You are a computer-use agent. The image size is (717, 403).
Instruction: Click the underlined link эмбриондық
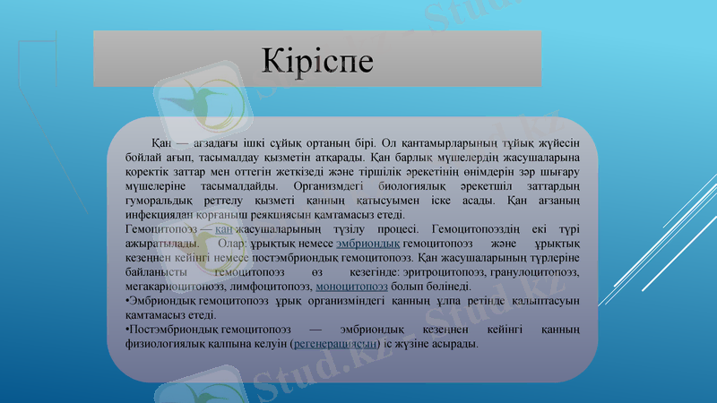(x=367, y=244)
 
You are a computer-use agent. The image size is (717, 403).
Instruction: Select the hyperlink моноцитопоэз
(x=352, y=286)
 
